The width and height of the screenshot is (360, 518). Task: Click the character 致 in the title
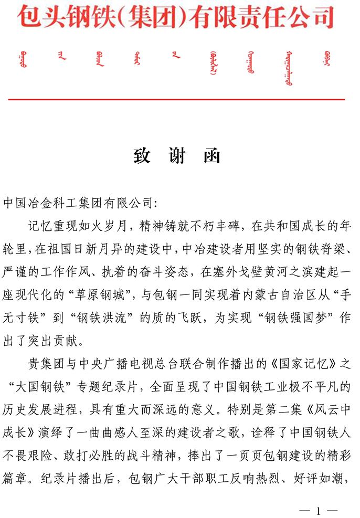click(142, 156)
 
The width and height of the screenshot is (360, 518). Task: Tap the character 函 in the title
click(211, 156)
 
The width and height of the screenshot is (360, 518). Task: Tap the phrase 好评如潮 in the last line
click(320, 481)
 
